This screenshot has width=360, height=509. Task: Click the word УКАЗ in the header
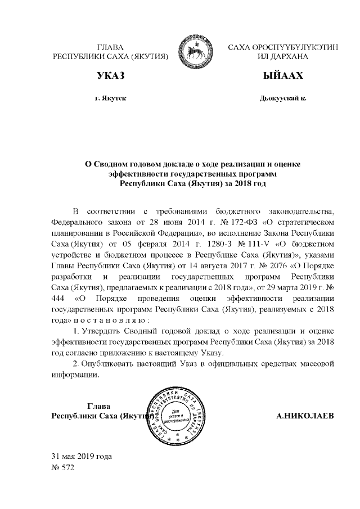(x=110, y=75)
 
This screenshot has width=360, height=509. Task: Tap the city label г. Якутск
(x=110, y=98)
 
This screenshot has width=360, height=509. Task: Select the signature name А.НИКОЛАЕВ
(x=304, y=416)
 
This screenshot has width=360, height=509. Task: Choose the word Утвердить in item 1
(x=104, y=330)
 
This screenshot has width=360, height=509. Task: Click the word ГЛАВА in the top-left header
(x=110, y=47)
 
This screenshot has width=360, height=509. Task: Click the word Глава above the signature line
(x=100, y=406)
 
